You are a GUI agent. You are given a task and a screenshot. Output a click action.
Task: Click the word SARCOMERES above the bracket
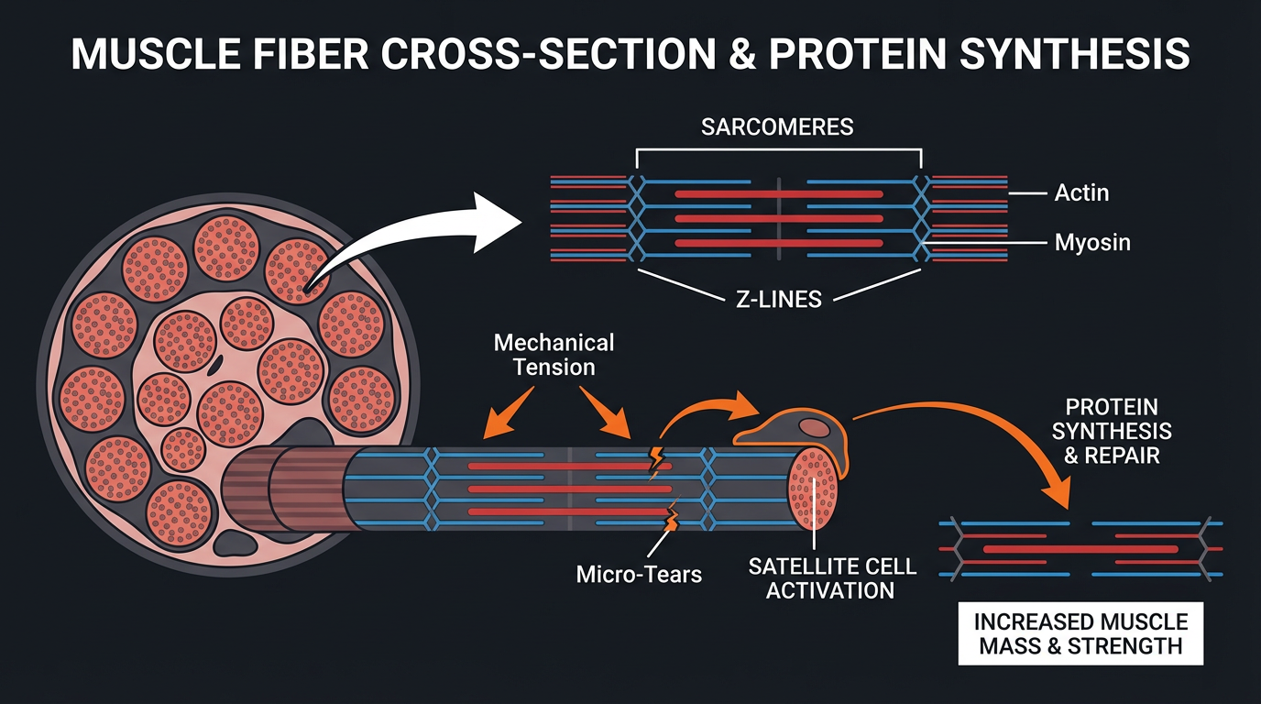777,126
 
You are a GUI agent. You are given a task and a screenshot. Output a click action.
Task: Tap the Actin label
1081,192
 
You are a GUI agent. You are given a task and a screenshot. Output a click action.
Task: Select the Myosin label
1091,243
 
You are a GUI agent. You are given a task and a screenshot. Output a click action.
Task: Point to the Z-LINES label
777,298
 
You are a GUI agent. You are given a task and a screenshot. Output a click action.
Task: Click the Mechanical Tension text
554,355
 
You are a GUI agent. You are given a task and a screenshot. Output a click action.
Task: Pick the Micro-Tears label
639,575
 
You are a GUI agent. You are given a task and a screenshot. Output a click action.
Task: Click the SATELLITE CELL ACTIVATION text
831,577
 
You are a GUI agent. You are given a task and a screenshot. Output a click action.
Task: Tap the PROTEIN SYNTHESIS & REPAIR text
1111,431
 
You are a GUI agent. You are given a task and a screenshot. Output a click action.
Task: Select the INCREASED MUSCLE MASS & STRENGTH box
1080,633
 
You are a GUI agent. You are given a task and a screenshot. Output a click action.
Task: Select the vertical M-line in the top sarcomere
779,218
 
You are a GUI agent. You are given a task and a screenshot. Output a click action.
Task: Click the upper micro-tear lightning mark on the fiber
657,462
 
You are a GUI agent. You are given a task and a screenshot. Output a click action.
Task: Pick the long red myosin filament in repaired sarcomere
1081,548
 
